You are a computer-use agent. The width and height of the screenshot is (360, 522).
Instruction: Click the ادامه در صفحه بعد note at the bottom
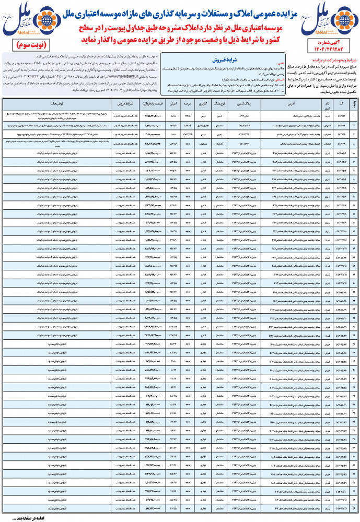point(26,517)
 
